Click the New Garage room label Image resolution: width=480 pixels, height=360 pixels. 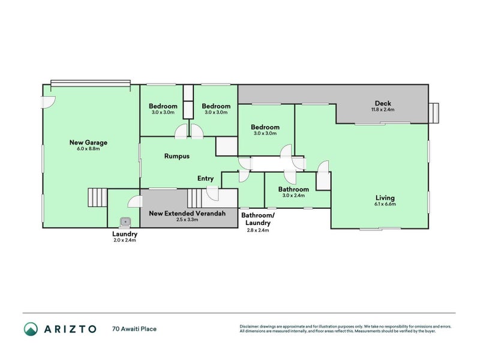tap(88, 142)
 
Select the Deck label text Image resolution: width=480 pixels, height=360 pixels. tap(382, 103)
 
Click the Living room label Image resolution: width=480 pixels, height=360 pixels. tap(385, 198)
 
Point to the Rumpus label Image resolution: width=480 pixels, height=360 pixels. tap(177, 156)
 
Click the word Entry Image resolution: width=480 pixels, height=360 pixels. tap(206, 178)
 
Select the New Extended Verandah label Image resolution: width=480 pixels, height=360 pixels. tap(187, 213)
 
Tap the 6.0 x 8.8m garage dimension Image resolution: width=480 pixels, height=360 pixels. tap(88, 149)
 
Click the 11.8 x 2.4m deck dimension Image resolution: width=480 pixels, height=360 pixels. tap(382, 110)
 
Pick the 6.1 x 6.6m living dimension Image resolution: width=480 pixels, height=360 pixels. tap(385, 205)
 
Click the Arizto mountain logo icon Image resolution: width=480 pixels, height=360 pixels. tap(31, 328)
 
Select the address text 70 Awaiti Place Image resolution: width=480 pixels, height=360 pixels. tap(134, 329)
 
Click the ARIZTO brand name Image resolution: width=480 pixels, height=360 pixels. tap(70, 329)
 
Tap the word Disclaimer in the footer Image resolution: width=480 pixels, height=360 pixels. tap(252, 326)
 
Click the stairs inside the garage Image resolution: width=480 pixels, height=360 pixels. tap(97, 197)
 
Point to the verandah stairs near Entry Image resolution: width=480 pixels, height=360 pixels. tap(195, 197)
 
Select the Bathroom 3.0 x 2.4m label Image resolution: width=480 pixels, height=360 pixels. tap(293, 192)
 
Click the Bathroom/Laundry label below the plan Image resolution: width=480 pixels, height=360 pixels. tap(257, 219)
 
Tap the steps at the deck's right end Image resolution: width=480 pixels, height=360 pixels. tap(434, 112)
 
